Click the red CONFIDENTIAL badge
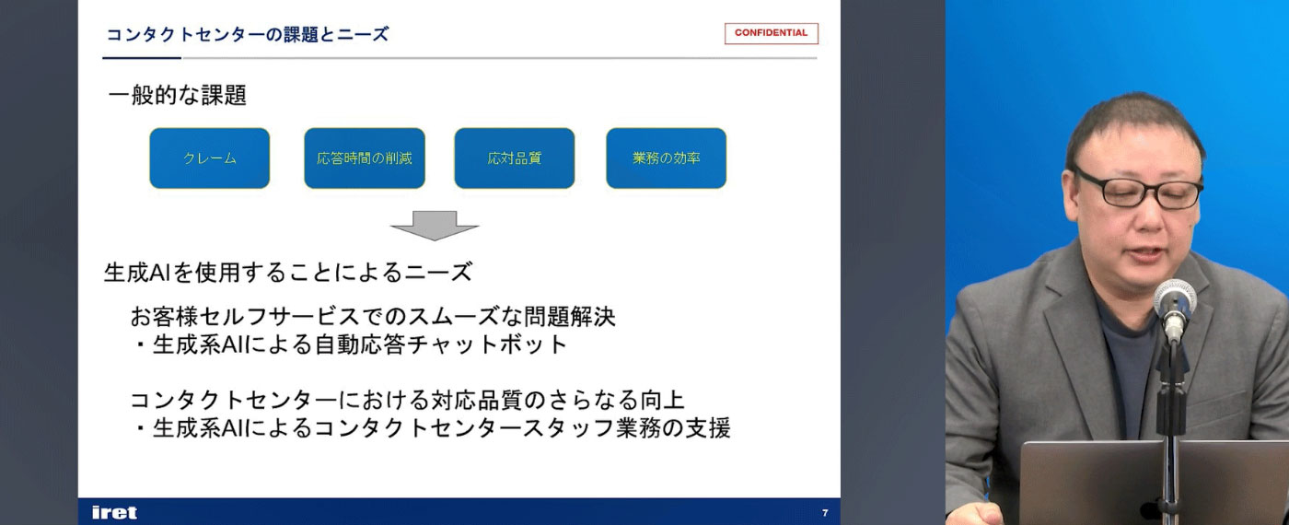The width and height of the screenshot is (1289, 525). pyautogui.click(x=772, y=33)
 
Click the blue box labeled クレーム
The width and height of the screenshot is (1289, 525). pyautogui.click(x=210, y=158)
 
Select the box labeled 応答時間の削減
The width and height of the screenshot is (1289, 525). pyautogui.click(x=365, y=158)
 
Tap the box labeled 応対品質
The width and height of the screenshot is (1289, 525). pyautogui.click(x=515, y=158)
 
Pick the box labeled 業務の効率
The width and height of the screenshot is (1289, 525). pyautogui.click(x=666, y=158)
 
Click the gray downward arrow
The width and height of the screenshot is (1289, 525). pyautogui.click(x=435, y=226)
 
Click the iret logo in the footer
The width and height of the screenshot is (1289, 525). pyautogui.click(x=114, y=512)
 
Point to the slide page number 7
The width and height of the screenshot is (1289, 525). pyautogui.click(x=825, y=512)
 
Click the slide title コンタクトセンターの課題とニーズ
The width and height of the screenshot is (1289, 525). pyautogui.click(x=248, y=35)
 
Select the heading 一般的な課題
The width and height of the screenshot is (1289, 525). pyautogui.click(x=177, y=95)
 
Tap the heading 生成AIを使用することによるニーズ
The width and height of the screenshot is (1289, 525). pyautogui.click(x=288, y=272)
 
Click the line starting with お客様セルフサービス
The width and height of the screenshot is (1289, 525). pyautogui.click(x=373, y=316)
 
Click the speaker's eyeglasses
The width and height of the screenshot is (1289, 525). pyautogui.click(x=1137, y=189)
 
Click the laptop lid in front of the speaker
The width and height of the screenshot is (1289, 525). pyautogui.click(x=1154, y=483)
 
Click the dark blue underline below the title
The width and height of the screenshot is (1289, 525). pyautogui.click(x=142, y=57)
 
